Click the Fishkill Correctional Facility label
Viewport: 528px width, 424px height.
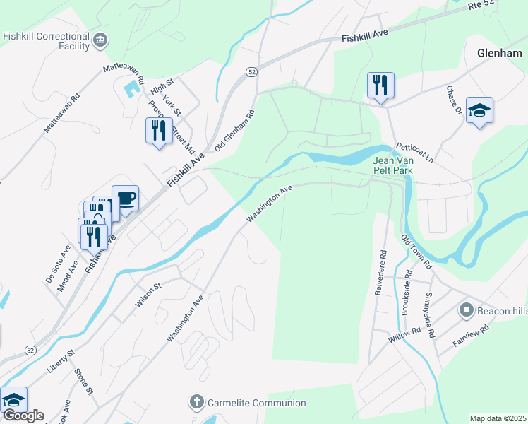pyautogui.click(x=46, y=41)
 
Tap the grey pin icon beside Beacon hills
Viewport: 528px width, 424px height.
pyautogui.click(x=466, y=310)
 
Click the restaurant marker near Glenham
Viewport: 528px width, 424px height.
pyautogui.click(x=380, y=86)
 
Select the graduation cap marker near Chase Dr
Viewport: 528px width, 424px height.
pyautogui.click(x=479, y=110)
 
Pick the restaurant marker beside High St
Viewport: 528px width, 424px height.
pyautogui.click(x=158, y=130)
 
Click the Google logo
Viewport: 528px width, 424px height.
pyautogui.click(x=23, y=415)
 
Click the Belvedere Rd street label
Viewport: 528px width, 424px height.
pyautogui.click(x=382, y=272)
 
